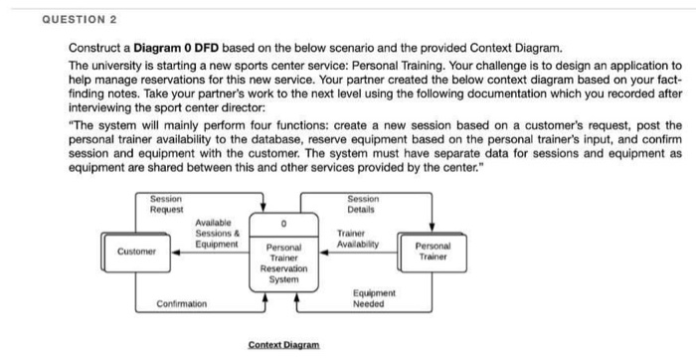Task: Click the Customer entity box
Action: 136,252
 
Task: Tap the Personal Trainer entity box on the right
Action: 434,250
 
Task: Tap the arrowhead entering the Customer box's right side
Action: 178,252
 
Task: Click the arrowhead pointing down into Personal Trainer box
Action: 433,228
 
